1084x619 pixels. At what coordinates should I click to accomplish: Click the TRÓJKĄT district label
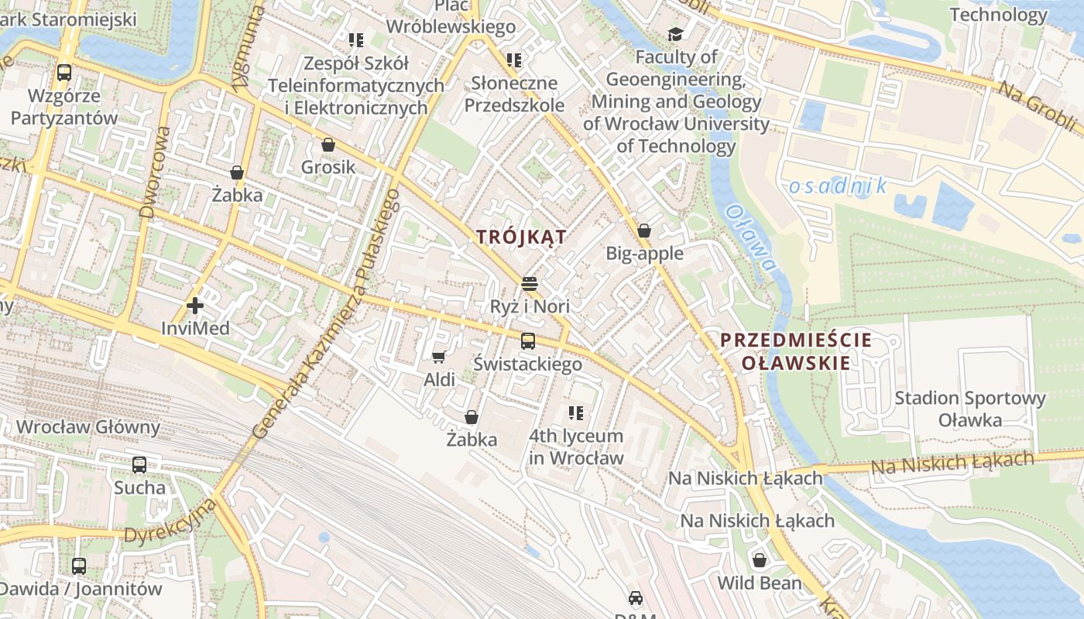[x=521, y=238]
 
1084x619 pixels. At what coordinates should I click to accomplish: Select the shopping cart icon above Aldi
[x=439, y=357]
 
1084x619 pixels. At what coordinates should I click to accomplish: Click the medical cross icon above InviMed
[x=195, y=306]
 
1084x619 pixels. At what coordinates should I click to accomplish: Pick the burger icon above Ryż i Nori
[x=530, y=284]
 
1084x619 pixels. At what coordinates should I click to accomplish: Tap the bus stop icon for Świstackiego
[x=528, y=340]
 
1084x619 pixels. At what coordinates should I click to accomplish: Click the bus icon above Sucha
[x=139, y=465]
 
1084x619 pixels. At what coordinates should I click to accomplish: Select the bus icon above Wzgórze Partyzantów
[x=64, y=73]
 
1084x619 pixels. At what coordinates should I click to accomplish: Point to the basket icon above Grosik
[x=328, y=145]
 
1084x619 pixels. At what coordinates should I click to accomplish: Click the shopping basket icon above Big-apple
[x=644, y=231]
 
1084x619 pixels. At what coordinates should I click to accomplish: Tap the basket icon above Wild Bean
[x=760, y=560]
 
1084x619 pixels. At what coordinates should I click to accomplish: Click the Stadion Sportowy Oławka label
[x=969, y=409]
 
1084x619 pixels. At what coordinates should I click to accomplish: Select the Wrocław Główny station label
[x=87, y=427]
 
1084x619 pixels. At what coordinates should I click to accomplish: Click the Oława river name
[x=751, y=238]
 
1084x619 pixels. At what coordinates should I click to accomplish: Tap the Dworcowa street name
[x=155, y=171]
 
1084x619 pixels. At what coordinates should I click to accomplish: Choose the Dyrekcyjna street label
[x=170, y=524]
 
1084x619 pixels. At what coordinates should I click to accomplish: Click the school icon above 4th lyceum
[x=575, y=413]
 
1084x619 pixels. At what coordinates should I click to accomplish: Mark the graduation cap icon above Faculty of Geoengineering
[x=676, y=34]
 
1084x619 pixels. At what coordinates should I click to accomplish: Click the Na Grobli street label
[x=1036, y=106]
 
